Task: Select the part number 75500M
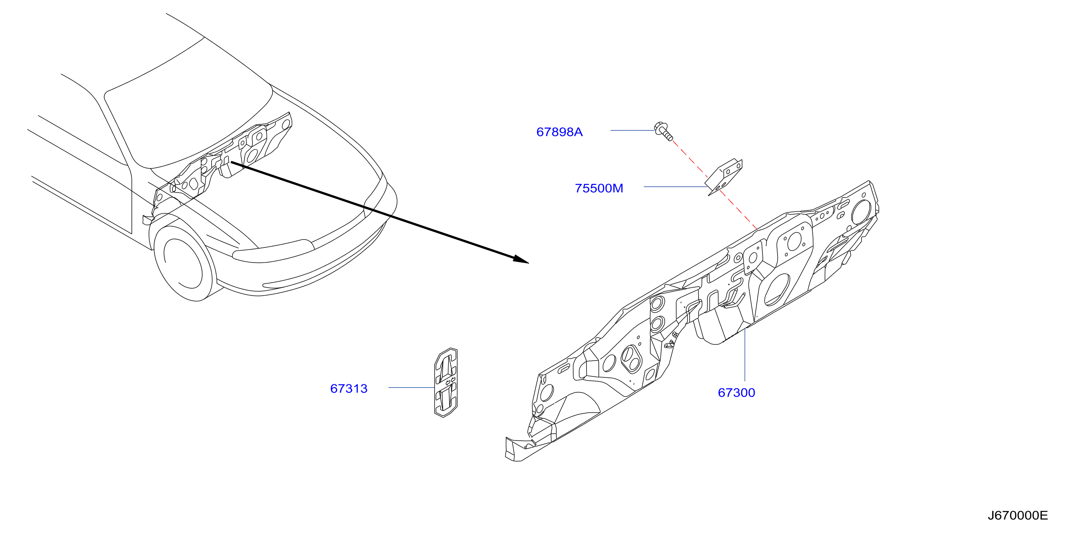point(599,188)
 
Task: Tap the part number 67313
point(349,388)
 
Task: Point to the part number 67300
point(736,393)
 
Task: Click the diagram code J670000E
point(1018,515)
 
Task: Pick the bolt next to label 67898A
point(663,131)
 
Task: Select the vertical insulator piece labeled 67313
point(446,383)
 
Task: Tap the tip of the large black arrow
point(529,263)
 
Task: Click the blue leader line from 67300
point(745,355)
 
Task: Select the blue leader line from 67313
point(411,387)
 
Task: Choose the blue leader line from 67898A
point(632,130)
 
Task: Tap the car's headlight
point(273,250)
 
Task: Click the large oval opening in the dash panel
point(777,290)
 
